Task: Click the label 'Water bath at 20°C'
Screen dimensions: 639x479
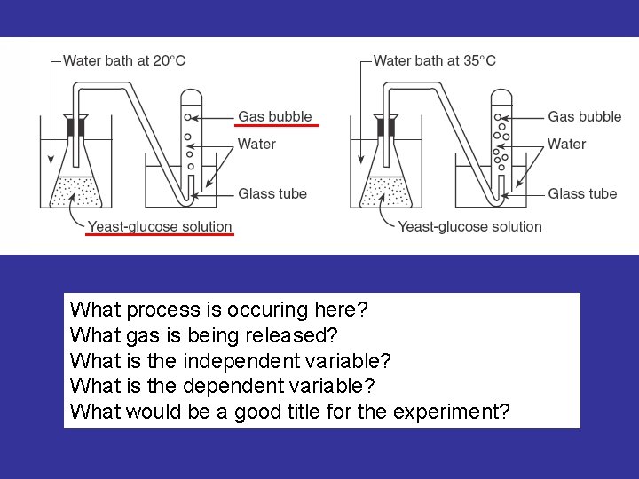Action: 124,61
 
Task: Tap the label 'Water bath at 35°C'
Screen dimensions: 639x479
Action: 434,61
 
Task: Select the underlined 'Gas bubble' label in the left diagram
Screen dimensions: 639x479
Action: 275,116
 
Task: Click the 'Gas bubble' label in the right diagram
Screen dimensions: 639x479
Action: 585,116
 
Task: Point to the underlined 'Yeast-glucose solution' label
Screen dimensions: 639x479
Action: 160,227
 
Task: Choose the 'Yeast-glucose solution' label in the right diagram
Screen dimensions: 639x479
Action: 469,227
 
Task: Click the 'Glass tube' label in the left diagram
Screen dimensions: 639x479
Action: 272,194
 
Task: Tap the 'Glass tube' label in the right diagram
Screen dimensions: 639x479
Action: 582,194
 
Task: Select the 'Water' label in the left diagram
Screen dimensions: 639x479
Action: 257,144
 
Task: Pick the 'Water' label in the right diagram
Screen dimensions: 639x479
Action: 567,144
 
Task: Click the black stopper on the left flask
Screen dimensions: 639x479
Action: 76,126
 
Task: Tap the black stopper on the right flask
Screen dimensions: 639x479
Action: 386,126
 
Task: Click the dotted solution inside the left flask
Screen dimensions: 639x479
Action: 76,192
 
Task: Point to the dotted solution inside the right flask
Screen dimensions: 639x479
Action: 386,192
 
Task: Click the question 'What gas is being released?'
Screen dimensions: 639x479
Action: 204,336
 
